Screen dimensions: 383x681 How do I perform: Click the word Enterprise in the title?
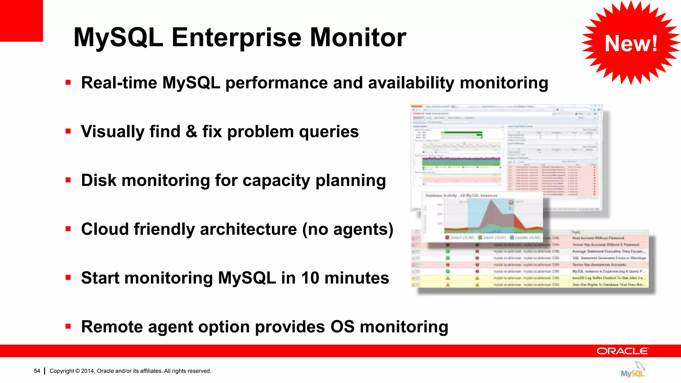237,38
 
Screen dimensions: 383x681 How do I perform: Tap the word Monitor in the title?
358,38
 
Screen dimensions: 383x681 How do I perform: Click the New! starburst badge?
630,43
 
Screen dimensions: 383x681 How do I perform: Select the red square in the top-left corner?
21,20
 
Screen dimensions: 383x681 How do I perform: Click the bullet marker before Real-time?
68,82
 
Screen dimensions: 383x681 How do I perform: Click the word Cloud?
105,229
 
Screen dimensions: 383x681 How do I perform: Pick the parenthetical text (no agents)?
347,229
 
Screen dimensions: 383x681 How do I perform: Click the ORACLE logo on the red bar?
622,351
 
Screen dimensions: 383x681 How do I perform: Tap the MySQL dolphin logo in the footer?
633,370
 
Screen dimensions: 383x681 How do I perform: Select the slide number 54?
37,371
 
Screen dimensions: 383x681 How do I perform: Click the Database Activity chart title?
461,195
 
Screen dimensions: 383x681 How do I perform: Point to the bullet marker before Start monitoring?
68,278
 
